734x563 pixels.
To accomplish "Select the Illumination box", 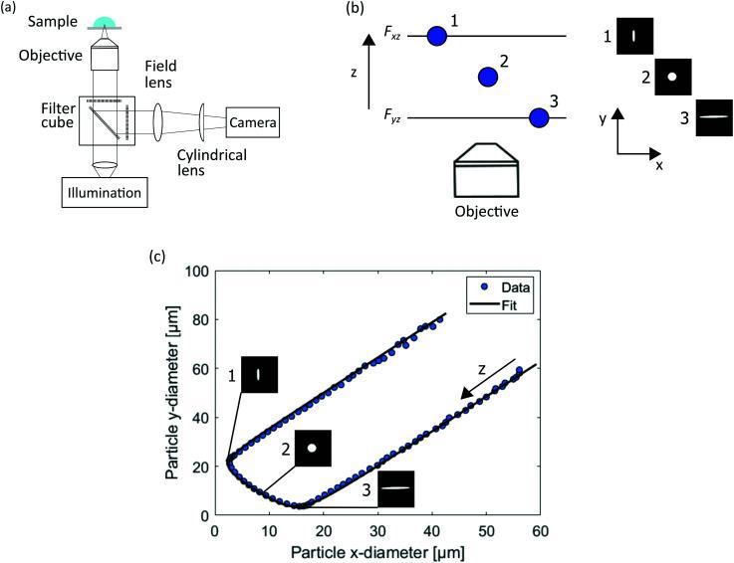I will click(107, 190).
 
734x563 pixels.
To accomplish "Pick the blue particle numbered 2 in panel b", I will click(487, 77).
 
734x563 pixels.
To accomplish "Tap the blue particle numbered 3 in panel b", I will click(539, 118).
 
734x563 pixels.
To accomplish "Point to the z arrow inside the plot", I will click(487, 379).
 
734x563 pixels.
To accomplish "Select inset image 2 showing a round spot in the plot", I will click(312, 448).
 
